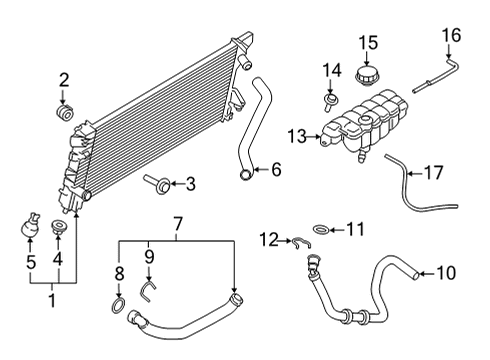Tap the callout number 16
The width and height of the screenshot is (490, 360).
(x=453, y=37)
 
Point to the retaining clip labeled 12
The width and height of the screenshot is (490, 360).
(x=298, y=240)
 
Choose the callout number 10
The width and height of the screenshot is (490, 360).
(x=444, y=270)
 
